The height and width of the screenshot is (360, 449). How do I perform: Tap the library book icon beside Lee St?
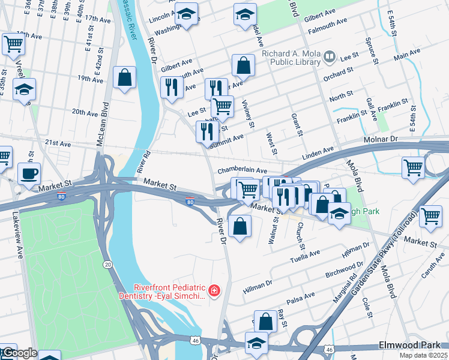point(329,58)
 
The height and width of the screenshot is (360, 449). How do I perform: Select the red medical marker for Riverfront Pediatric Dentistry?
point(214,292)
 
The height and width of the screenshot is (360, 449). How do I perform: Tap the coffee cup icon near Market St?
point(29,174)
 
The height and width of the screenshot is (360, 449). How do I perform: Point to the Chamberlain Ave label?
point(242,170)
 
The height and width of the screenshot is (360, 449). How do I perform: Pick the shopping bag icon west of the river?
point(124,77)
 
